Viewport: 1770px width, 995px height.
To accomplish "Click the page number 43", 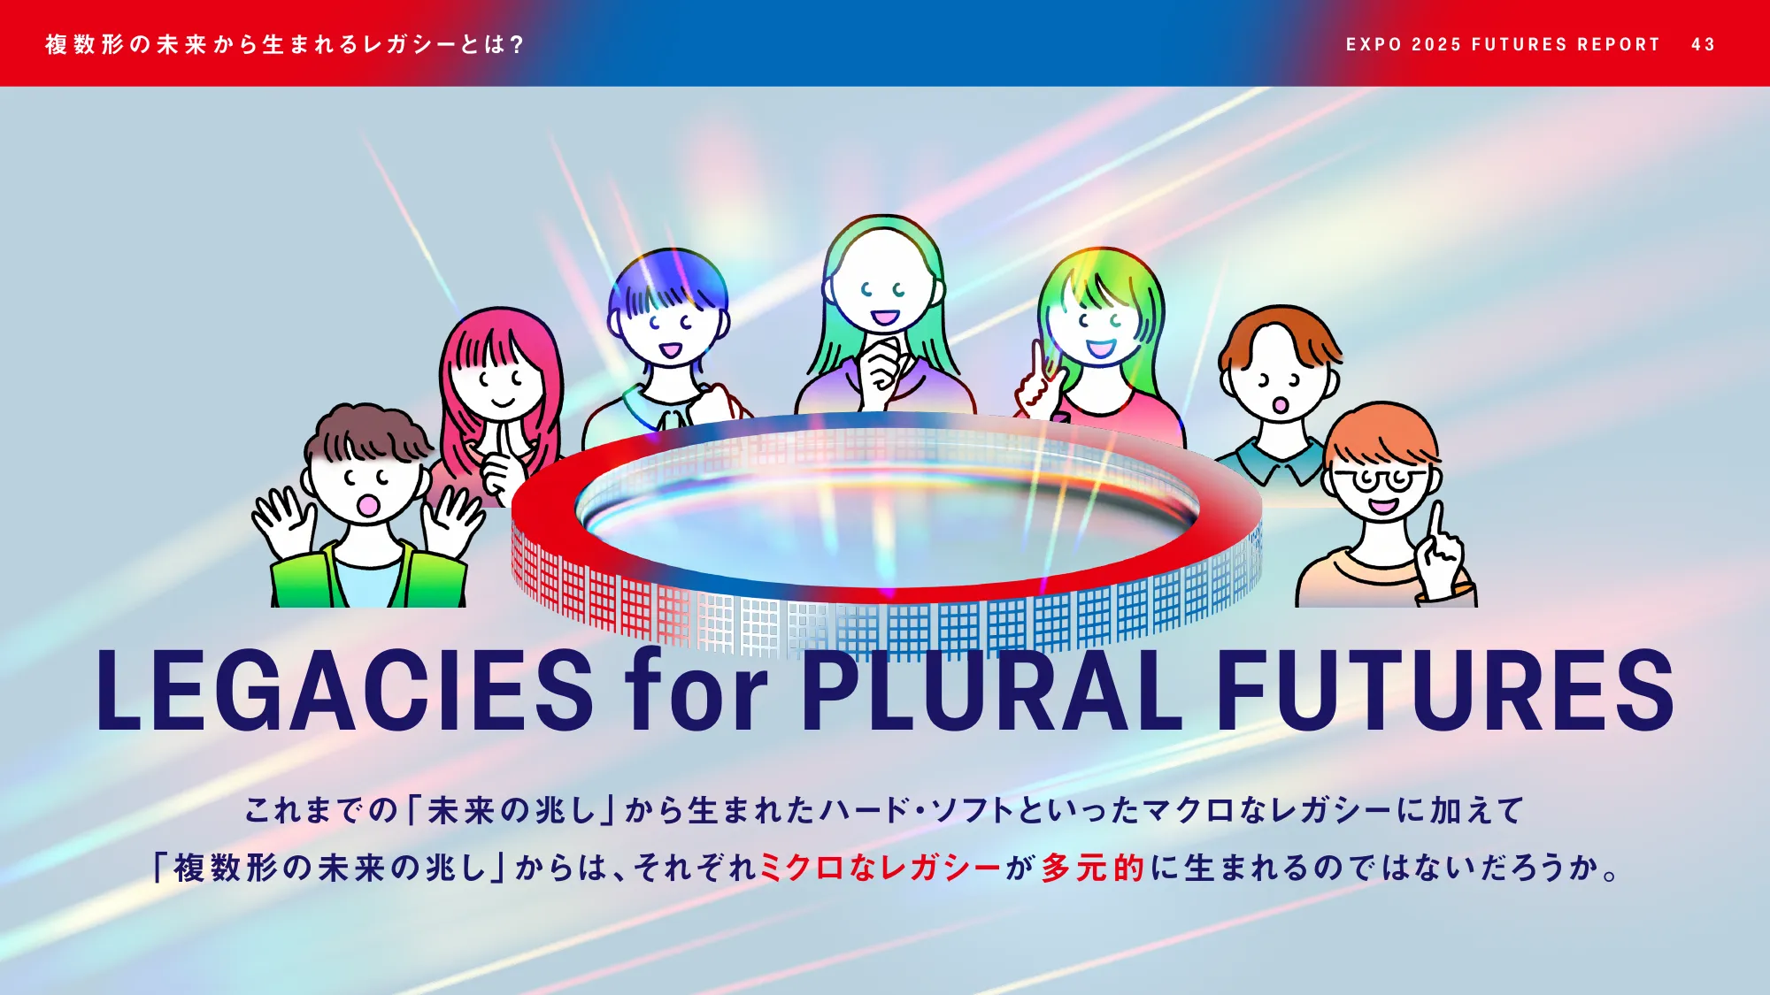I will pyautogui.click(x=1703, y=44).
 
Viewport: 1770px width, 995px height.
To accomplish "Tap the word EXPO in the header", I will pyautogui.click(x=1374, y=44).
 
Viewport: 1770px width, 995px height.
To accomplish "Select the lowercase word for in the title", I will pyautogui.click(x=696, y=691).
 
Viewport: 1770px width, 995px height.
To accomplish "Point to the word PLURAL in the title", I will pyautogui.click(x=991, y=691).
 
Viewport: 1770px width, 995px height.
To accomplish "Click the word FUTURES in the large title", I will pyautogui.click(x=1445, y=691).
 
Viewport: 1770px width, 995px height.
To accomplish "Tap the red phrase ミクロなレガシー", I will pyautogui.click(x=880, y=868).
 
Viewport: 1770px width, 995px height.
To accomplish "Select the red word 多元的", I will pyautogui.click(x=1093, y=868).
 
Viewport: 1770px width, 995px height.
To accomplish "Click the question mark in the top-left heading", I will pyautogui.click(x=517, y=44).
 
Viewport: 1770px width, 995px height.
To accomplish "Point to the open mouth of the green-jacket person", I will pyautogui.click(x=367, y=505).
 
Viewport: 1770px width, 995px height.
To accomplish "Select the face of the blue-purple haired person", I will pyautogui.click(x=668, y=327).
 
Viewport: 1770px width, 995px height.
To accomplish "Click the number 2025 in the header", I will pyautogui.click(x=1436, y=44).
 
